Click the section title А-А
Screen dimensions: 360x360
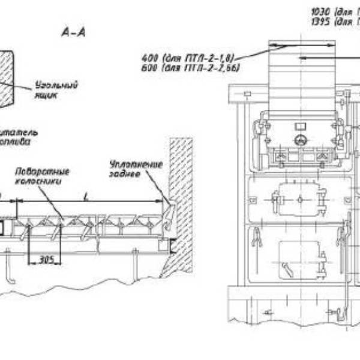click(x=74, y=32)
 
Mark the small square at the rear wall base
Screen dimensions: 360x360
click(x=164, y=244)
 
